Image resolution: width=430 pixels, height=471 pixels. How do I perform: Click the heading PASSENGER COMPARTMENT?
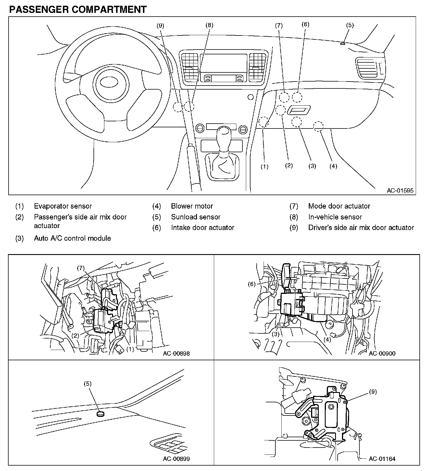point(78,9)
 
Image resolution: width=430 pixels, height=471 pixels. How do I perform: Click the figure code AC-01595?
point(400,191)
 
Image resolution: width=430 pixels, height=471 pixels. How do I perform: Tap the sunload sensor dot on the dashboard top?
point(343,44)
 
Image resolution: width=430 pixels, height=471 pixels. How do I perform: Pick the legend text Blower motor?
point(192,206)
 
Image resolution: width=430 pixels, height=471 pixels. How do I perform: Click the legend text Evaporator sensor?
point(63,206)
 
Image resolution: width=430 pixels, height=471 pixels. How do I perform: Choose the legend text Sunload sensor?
point(196,217)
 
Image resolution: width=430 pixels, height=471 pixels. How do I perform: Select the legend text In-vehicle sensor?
point(335,217)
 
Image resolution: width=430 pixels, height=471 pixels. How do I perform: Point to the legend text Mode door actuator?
point(339,206)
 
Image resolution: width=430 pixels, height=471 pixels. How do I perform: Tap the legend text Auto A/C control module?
point(72,238)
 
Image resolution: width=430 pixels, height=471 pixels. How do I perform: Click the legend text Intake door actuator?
point(203,227)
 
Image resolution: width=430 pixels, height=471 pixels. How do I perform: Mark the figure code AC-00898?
point(176,353)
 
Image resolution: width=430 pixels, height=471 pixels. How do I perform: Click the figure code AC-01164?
point(382,459)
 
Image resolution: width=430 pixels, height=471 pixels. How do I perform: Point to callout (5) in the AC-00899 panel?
point(87,384)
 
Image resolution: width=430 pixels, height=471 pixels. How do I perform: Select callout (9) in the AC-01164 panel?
point(373,392)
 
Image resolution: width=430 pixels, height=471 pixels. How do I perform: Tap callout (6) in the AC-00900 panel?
point(252,284)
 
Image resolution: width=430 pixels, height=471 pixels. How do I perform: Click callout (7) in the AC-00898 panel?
point(81,268)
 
